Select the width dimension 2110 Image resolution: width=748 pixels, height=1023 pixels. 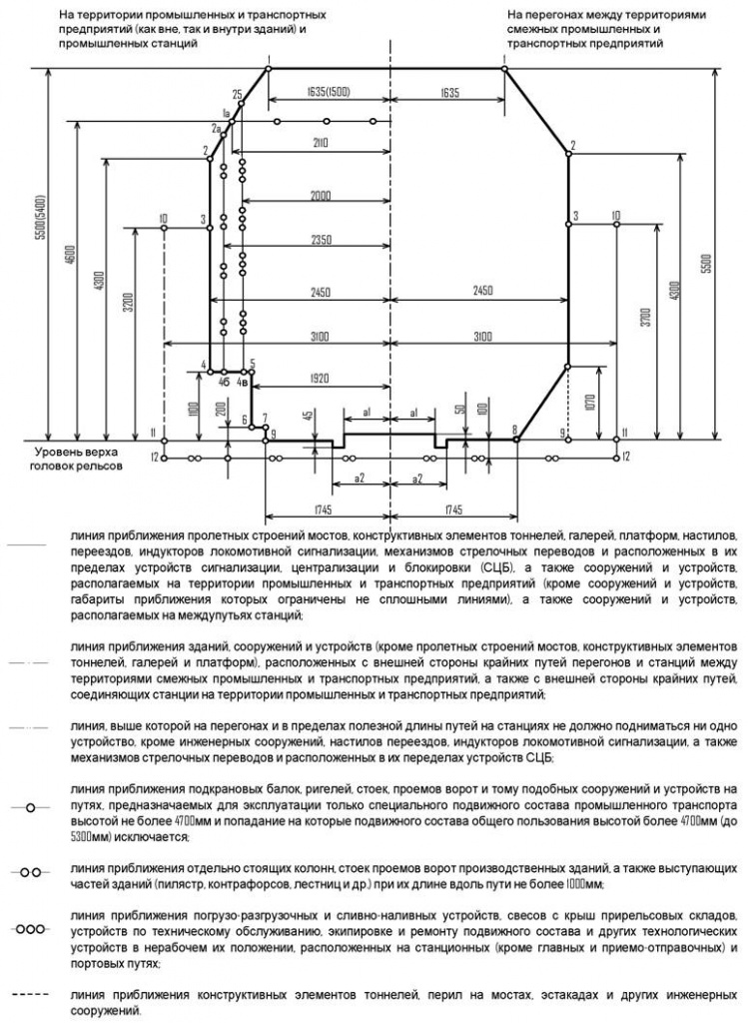pyautogui.click(x=319, y=144)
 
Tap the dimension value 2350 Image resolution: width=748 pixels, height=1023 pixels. pyautogui.click(x=319, y=241)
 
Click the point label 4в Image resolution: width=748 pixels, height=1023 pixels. pyautogui.click(x=242, y=381)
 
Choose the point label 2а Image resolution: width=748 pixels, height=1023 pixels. pyautogui.click(x=215, y=129)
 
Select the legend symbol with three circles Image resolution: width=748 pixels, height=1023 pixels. pyautogui.click(x=31, y=928)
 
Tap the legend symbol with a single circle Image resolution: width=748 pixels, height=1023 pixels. pyautogui.click(x=31, y=805)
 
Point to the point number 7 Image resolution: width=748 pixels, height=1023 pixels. pyautogui.click(x=265, y=416)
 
